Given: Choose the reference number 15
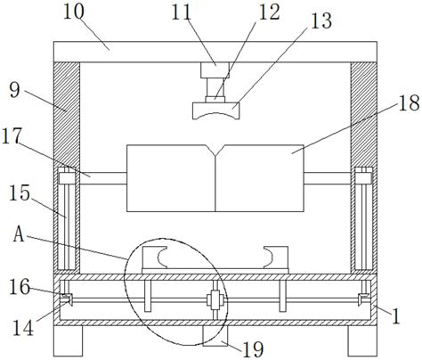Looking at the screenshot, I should pyautogui.click(x=26, y=192).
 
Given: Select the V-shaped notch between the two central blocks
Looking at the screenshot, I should pyautogui.click(x=213, y=152).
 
